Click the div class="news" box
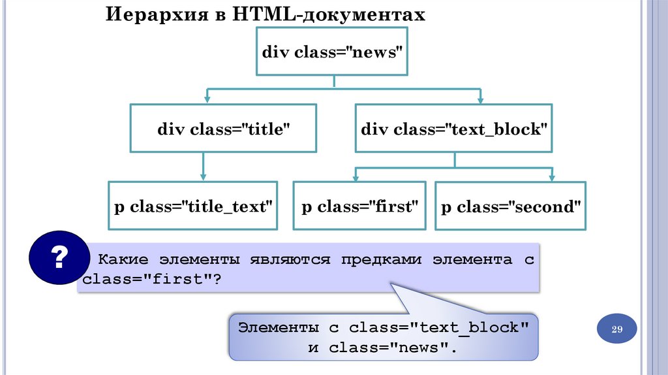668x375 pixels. [333, 53]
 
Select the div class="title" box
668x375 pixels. [223, 129]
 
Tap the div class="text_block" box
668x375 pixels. [453, 129]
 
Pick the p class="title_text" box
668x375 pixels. [192, 206]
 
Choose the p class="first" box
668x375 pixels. [359, 206]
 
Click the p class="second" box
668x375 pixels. [511, 206]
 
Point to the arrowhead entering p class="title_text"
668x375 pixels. [203, 176]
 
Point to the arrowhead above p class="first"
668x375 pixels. [356, 176]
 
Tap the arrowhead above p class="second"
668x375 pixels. [552, 176]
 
